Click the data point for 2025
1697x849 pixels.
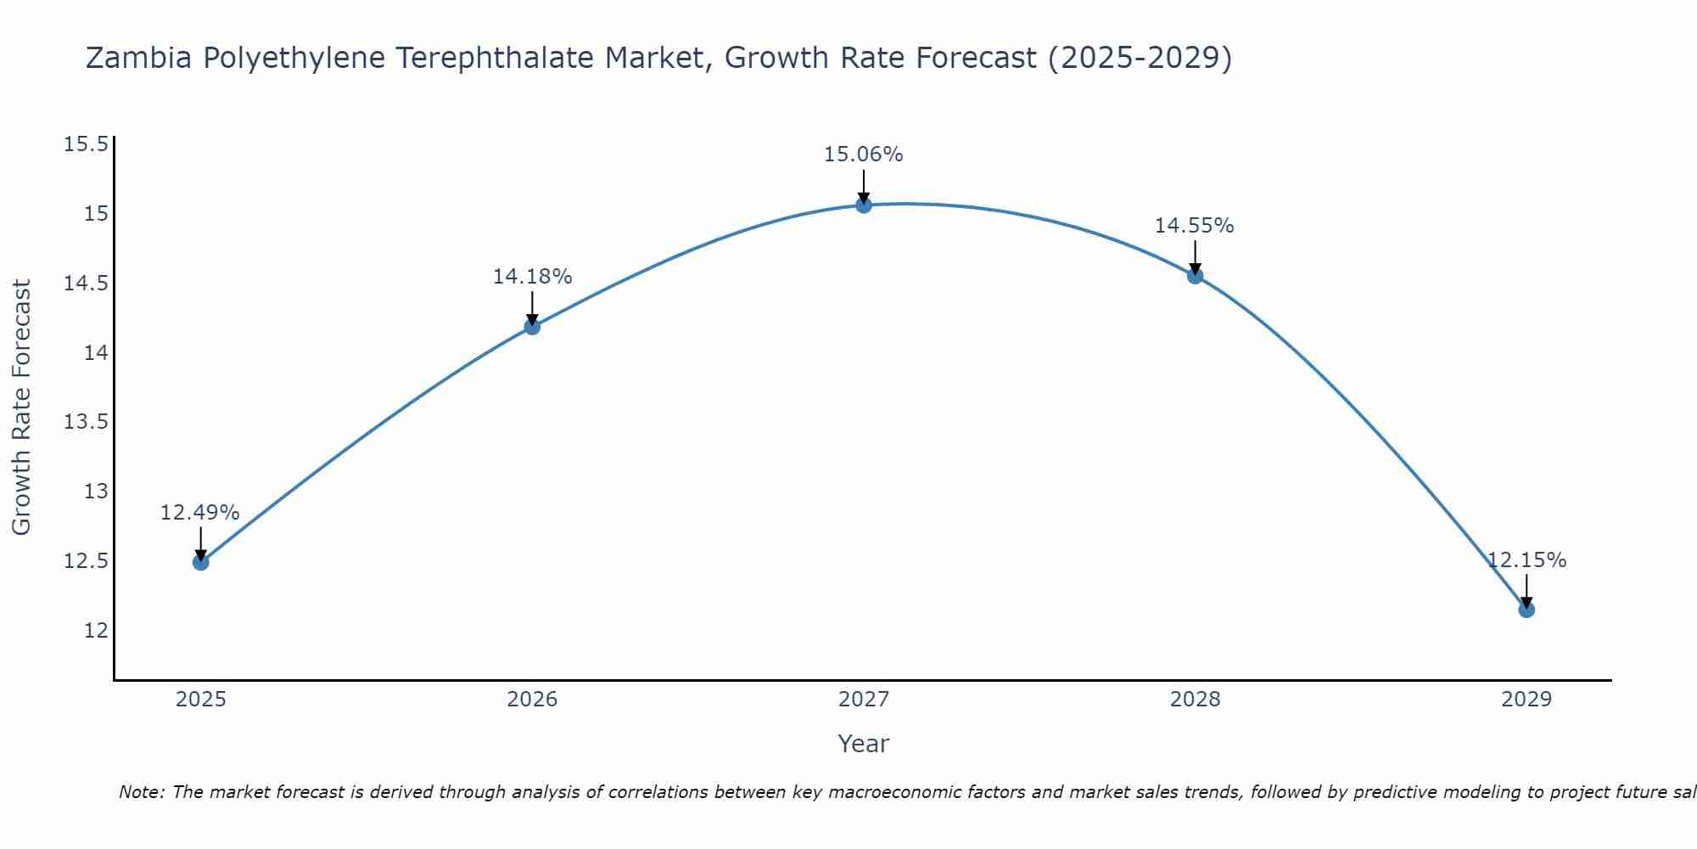(201, 562)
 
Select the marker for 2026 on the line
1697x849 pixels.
(532, 327)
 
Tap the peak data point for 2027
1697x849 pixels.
(864, 205)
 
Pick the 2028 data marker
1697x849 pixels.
(1195, 276)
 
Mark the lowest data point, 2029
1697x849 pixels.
(1526, 610)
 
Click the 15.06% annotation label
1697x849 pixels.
(863, 155)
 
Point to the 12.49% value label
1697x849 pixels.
(200, 513)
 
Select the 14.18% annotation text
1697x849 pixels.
(532, 277)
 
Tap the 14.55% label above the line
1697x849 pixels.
(1194, 226)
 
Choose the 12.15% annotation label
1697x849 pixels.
(1526, 560)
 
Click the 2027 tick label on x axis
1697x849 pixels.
(864, 700)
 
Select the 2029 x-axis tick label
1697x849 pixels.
(1526, 700)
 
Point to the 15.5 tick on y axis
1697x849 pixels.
(87, 143)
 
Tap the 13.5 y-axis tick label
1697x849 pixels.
(87, 422)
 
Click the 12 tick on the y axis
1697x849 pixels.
(96, 631)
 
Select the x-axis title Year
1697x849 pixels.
(863, 744)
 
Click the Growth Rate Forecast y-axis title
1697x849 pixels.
(22, 407)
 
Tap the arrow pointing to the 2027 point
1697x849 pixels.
(864, 185)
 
